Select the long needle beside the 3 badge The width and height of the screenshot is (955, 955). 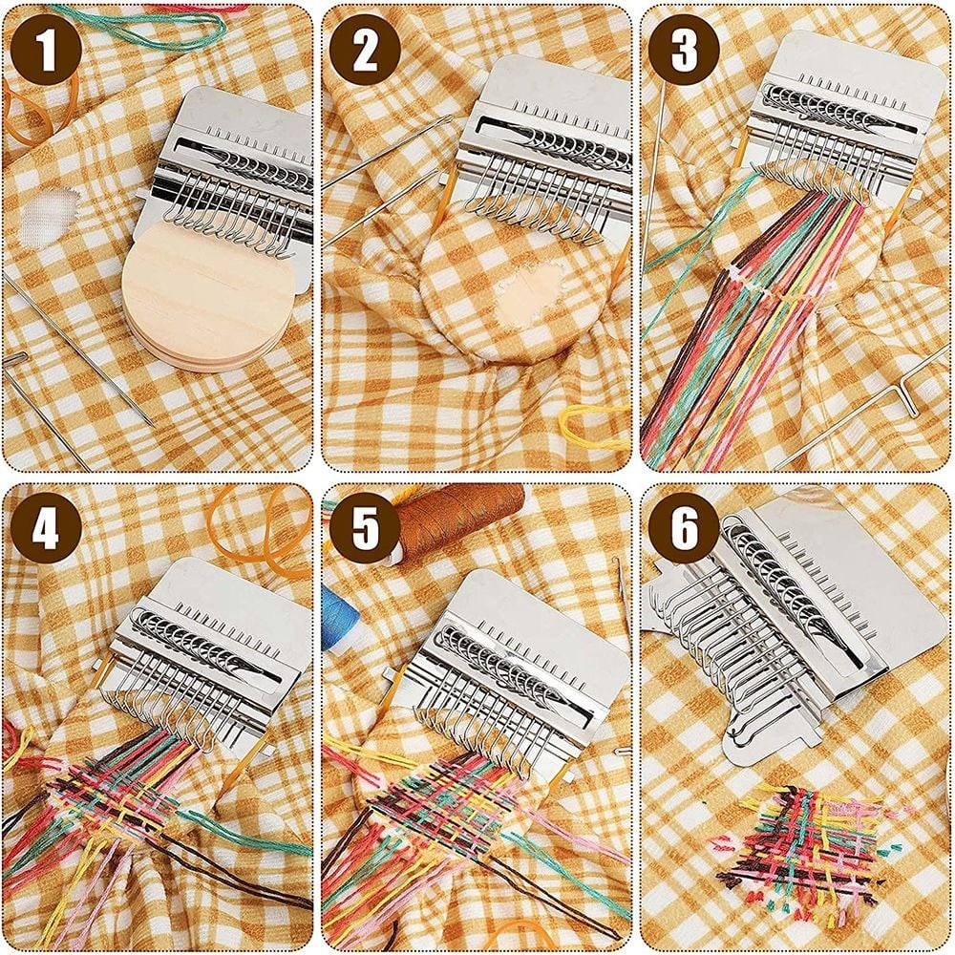point(654,172)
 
